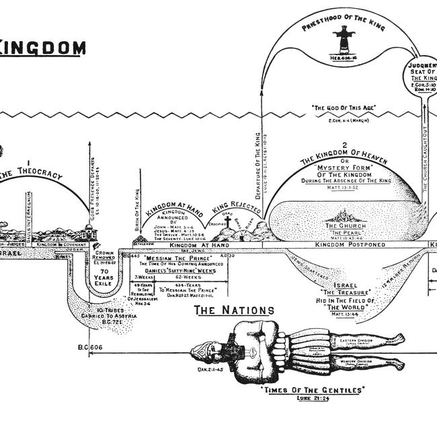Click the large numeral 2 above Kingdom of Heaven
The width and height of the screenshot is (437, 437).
(x=344, y=145)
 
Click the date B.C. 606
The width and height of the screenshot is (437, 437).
(x=88, y=347)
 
